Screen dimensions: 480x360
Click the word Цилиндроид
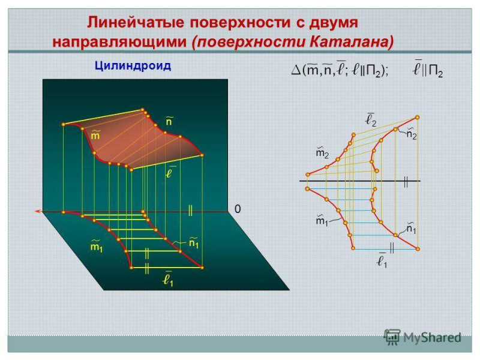(x=133, y=66)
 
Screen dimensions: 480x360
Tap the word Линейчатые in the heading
(x=136, y=23)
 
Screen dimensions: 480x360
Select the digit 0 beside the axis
(x=238, y=209)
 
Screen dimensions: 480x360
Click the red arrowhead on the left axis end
(x=38, y=211)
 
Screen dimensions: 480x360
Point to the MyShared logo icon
(x=392, y=338)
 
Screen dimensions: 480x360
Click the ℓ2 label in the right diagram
(x=371, y=119)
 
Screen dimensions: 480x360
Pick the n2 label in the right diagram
(x=412, y=134)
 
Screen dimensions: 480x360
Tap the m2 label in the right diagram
(x=322, y=152)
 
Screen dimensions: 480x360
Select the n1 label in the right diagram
(x=412, y=229)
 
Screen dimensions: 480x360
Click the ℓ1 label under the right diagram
(x=382, y=261)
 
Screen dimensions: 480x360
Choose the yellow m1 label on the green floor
(x=97, y=246)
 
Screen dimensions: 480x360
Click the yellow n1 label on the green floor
(x=194, y=242)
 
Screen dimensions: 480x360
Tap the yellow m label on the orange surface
(x=95, y=134)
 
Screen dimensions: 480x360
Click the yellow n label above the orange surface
(x=169, y=121)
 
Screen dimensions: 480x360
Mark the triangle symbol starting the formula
(x=296, y=70)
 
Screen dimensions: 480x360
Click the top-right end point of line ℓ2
(x=417, y=117)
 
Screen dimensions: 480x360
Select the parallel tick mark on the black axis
(x=406, y=181)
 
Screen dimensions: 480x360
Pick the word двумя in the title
(x=333, y=23)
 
